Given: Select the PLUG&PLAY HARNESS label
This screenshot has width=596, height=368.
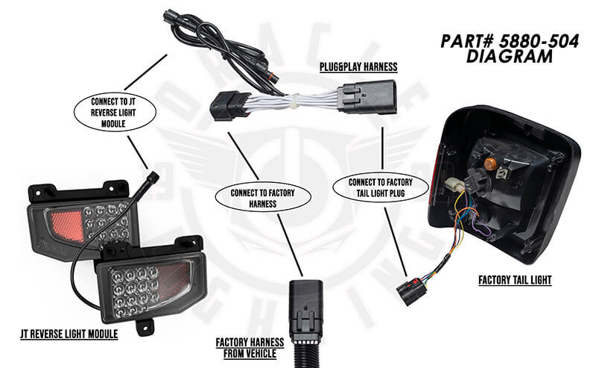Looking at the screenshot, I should (x=358, y=67).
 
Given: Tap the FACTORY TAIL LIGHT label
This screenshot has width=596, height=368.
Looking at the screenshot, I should (x=513, y=281).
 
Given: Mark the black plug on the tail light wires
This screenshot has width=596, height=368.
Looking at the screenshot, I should (x=409, y=290).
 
